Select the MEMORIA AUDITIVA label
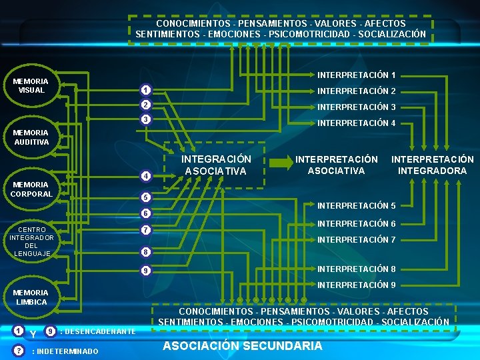click(x=31, y=137)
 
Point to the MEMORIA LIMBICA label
click(x=31, y=297)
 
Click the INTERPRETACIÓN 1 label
click(x=356, y=75)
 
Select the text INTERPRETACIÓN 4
click(x=356, y=123)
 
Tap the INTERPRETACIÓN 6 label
click(x=356, y=224)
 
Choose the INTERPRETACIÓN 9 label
click(x=356, y=285)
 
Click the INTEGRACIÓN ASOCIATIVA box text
click(x=217, y=165)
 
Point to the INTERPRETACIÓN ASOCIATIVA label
click(x=336, y=165)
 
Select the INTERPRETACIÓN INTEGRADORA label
click(x=432, y=165)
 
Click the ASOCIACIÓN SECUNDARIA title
click(x=243, y=345)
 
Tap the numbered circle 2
click(x=145, y=105)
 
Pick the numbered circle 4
click(x=145, y=176)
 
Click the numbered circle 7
click(x=145, y=230)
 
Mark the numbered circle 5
click(x=145, y=198)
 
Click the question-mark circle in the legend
click(x=20, y=351)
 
